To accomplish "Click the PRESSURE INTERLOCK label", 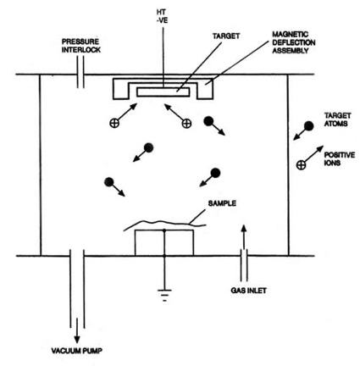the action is (x=81, y=46).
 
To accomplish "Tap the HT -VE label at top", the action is (x=163, y=16).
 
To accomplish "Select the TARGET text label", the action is (x=226, y=36).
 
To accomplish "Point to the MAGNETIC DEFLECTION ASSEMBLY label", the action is (x=294, y=42).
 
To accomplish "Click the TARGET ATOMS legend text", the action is (x=337, y=119).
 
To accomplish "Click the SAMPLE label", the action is (x=222, y=203).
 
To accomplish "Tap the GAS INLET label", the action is (x=248, y=291).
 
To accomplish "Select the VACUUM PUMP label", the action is (x=77, y=351).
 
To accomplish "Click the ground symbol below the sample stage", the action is (x=164, y=295).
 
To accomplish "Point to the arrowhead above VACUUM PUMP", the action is (x=77, y=339).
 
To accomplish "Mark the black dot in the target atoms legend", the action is (x=309, y=126).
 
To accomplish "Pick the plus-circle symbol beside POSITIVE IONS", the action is (x=302, y=165).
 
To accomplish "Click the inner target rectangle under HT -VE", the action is (x=163, y=92).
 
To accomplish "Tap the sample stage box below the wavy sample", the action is (x=164, y=242).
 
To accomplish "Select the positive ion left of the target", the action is (x=114, y=123).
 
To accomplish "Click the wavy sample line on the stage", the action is (x=165, y=223).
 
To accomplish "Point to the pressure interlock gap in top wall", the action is (x=80, y=74).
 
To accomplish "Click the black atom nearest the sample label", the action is (x=215, y=173).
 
